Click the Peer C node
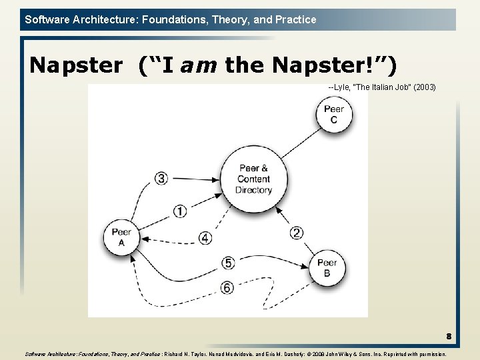coord(333,114)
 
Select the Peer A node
coord(121,237)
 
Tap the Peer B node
coord(327,267)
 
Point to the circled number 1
coord(180,211)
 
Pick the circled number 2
coord(297,233)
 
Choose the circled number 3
coord(161,178)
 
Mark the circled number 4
coord(205,238)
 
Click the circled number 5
coord(228,263)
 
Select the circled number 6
coord(228,287)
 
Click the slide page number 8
coord(449,337)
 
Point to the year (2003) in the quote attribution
coord(424,87)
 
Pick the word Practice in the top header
coord(295,19)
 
